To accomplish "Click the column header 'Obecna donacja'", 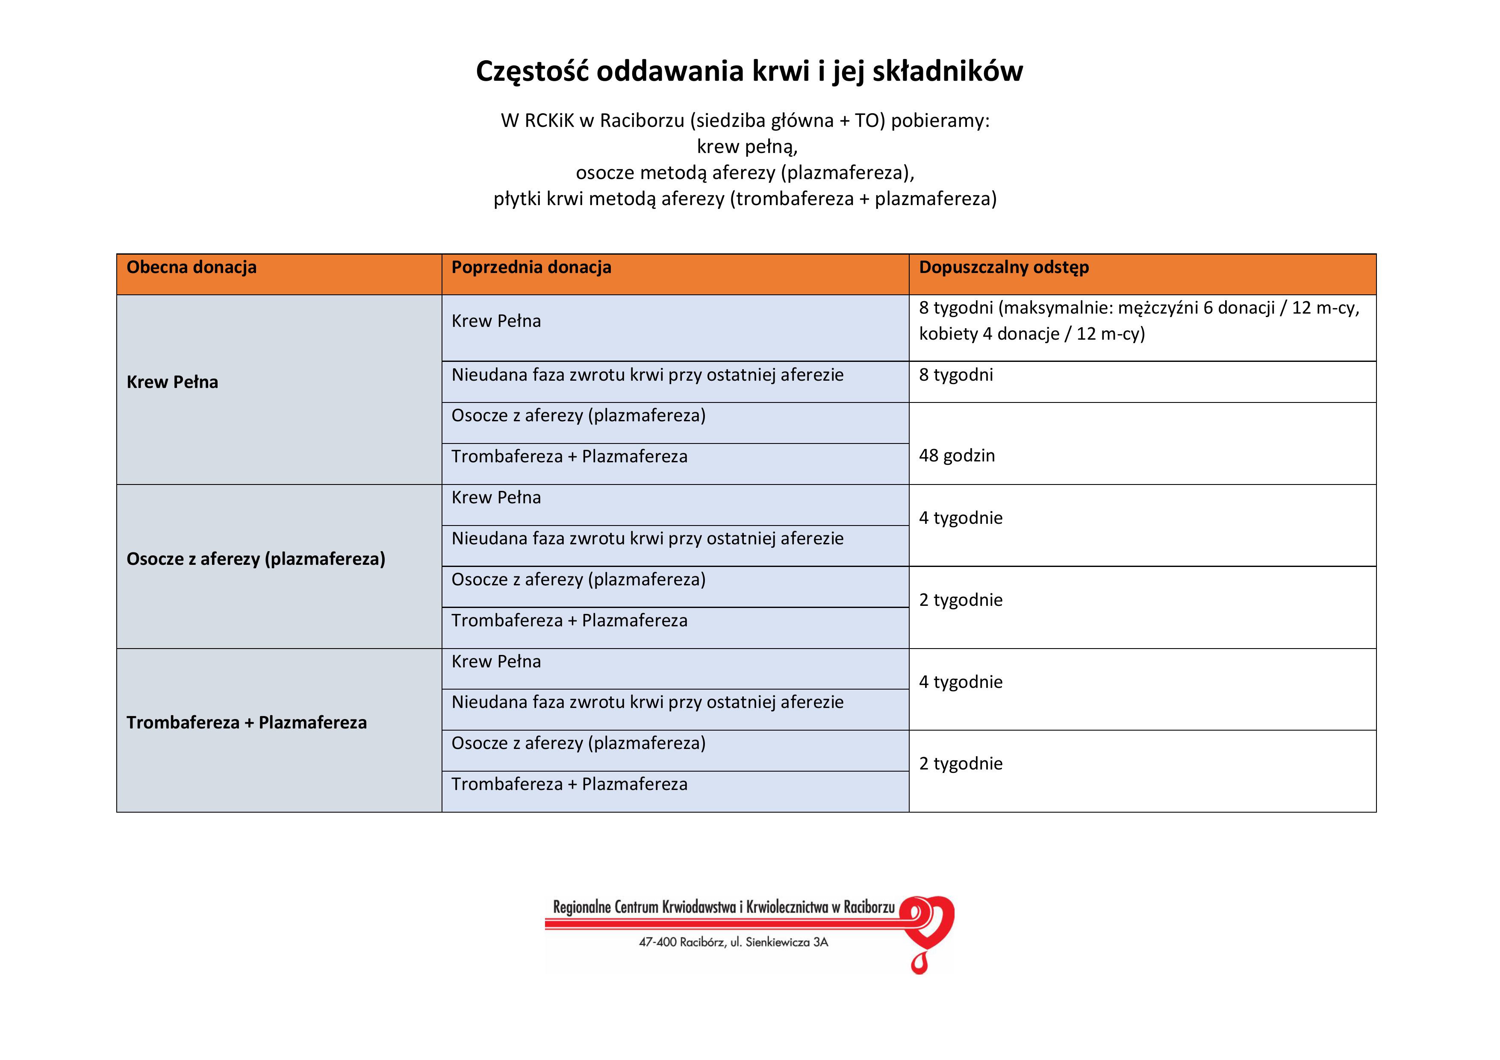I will [x=192, y=267].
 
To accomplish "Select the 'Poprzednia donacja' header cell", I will [x=531, y=267].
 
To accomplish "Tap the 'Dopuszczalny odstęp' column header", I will [x=1003, y=267].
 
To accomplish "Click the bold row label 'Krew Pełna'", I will [x=172, y=382].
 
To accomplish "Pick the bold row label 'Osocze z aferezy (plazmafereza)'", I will [x=256, y=559].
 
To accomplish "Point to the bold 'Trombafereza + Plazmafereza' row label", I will [x=246, y=722].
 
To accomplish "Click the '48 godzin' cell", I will [x=956, y=456].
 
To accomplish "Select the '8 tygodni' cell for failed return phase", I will [x=956, y=375].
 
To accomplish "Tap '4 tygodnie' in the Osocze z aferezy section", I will [x=961, y=518].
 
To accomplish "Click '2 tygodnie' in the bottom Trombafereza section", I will [x=961, y=763].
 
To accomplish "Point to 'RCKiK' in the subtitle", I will [x=549, y=121].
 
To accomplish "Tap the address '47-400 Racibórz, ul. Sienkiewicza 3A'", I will [x=733, y=943].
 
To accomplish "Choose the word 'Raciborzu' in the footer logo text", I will [x=869, y=907].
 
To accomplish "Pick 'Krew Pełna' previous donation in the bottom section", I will [x=496, y=662].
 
